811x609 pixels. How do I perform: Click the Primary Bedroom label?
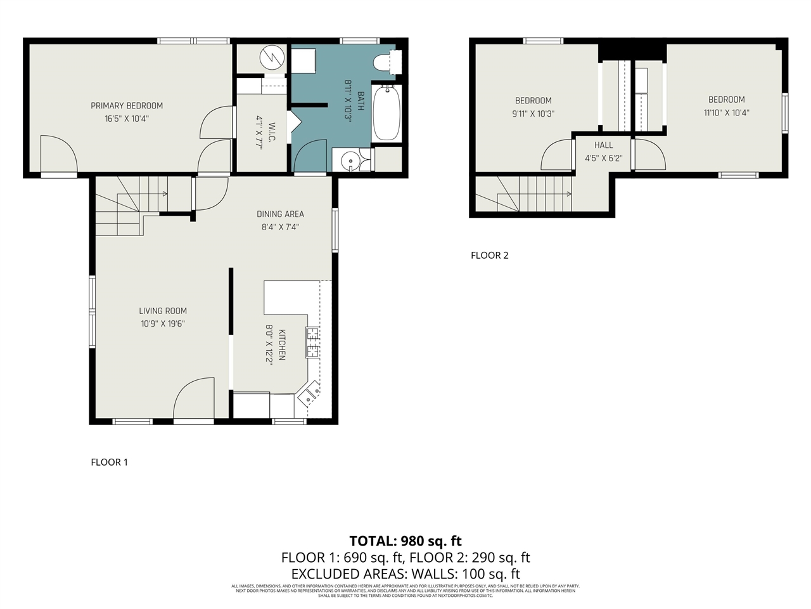[127, 106]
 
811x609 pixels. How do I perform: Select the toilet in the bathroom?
[387, 63]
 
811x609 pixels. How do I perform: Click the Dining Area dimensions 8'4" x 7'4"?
[280, 227]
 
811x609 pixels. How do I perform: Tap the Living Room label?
[163, 311]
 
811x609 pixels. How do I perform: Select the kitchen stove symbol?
[312, 342]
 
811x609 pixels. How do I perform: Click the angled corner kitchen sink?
[310, 394]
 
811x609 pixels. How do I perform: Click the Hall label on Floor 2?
[603, 145]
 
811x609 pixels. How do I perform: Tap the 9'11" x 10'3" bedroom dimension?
[533, 114]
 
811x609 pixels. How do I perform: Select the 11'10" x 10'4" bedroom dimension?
[726, 113]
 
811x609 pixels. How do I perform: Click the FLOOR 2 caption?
[489, 256]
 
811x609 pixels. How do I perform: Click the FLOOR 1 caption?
[109, 462]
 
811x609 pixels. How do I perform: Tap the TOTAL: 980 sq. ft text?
[405, 541]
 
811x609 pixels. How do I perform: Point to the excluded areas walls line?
[405, 574]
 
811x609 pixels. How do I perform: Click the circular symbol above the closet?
[271, 58]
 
